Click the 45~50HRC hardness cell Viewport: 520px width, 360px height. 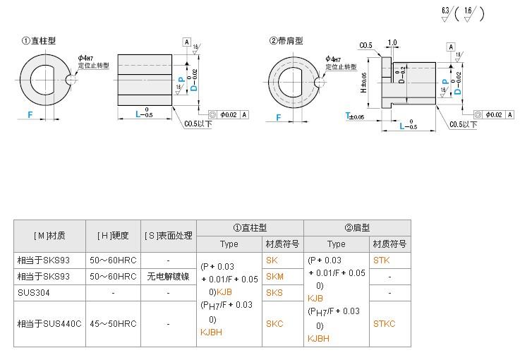113,324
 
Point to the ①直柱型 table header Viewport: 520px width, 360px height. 250,227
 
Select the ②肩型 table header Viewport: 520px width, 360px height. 357,227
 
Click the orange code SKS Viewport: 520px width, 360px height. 274,292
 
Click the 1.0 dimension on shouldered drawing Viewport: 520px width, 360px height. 392,43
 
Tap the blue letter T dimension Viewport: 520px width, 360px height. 348,116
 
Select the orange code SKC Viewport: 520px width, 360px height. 274,324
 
